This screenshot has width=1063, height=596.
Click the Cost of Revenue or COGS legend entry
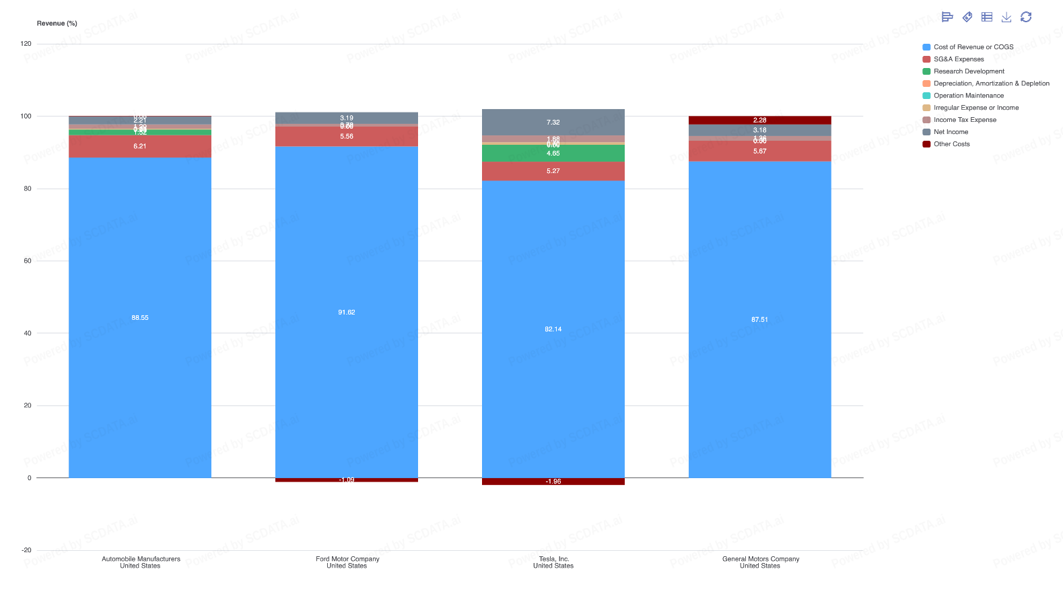[973, 47]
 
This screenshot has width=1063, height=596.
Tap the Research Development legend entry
[968, 71]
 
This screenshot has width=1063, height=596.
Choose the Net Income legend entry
[951, 132]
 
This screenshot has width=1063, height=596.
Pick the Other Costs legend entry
[951, 144]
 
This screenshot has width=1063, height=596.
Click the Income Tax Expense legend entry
[964, 120]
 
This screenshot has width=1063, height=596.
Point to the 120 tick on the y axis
[26, 44]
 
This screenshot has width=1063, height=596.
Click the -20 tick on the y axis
[26, 550]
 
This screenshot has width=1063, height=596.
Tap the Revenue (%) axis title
[57, 24]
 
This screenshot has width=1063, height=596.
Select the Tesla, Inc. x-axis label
[553, 562]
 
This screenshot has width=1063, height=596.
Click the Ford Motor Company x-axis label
[347, 562]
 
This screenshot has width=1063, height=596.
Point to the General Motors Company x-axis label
[760, 562]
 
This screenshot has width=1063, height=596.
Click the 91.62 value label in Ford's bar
[347, 312]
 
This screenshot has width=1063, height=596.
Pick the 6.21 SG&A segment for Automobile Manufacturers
[140, 146]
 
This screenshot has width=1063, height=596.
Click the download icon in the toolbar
[1006, 17]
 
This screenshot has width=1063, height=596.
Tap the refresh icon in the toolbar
[1025, 17]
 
